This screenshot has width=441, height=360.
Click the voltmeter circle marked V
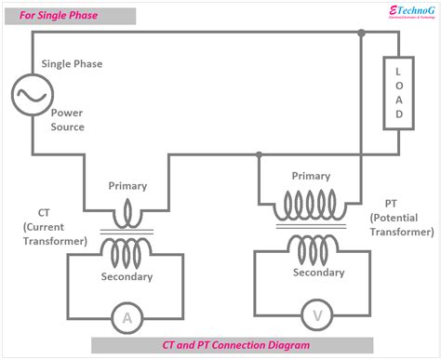[318, 317]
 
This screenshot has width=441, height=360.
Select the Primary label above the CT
[127, 186]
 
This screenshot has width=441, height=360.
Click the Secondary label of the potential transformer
[318, 273]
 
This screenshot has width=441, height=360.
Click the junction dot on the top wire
[361, 34]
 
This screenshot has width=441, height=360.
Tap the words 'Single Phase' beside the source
[72, 64]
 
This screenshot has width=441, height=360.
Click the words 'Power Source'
[67, 119]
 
